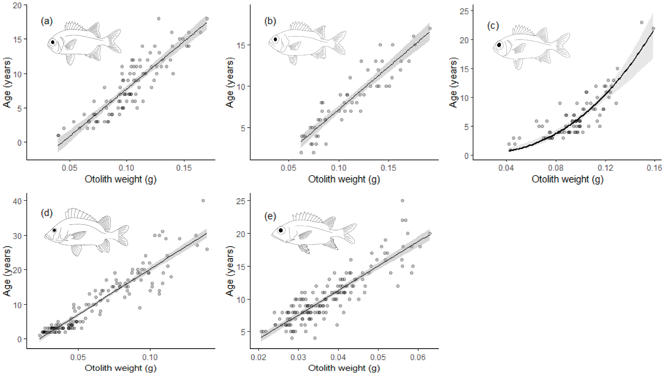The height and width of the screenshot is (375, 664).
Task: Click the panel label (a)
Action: click(47, 21)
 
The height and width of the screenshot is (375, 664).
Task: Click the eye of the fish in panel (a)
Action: click(53, 42)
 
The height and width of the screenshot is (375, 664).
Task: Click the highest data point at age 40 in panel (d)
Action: click(203, 201)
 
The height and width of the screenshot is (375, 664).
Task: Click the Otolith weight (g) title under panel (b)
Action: click(344, 179)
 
